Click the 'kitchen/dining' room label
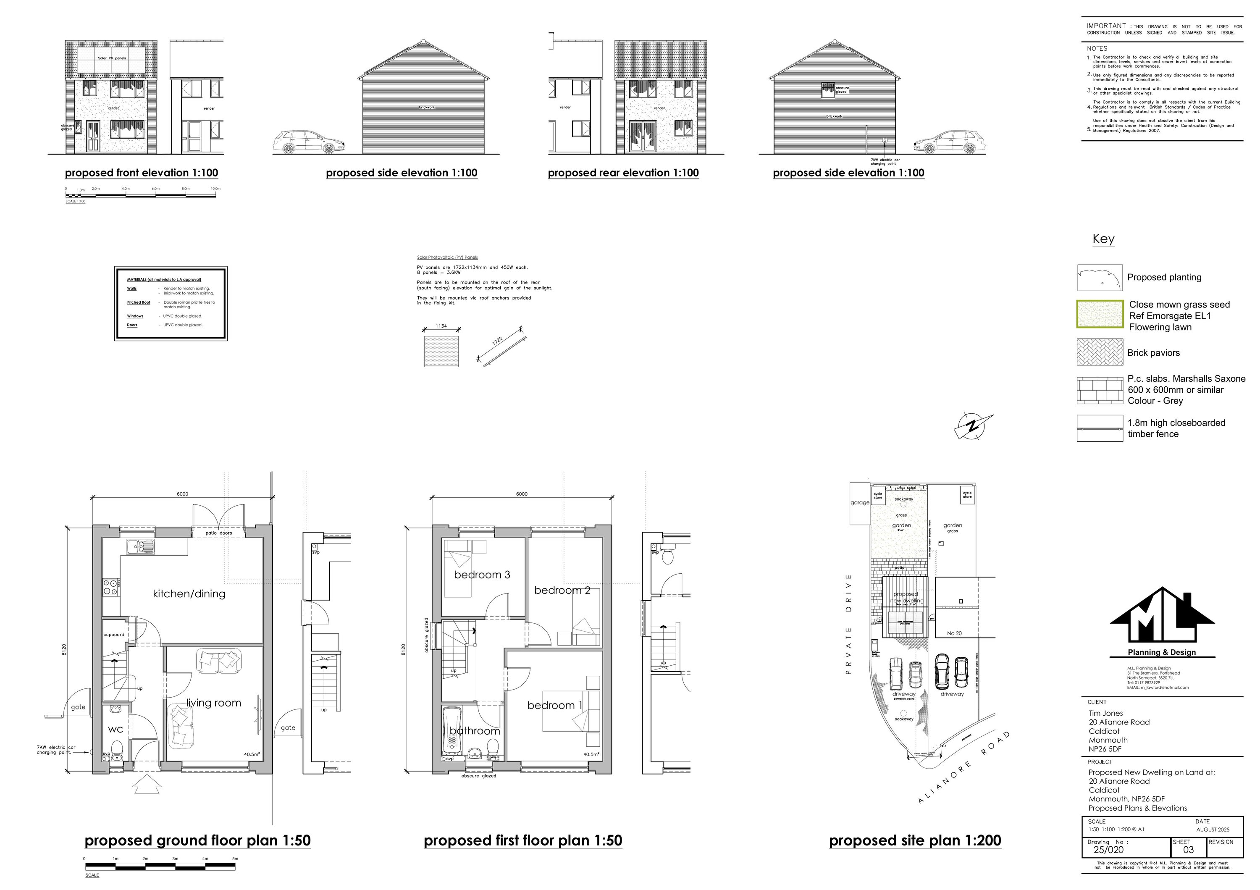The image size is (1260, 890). tap(189, 594)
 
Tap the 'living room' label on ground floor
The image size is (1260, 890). tap(213, 703)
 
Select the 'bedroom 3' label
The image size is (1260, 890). tap(482, 575)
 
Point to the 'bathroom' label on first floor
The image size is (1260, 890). tap(475, 731)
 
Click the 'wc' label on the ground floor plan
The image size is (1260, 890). tap(115, 729)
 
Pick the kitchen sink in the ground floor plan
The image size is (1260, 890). tap(140, 546)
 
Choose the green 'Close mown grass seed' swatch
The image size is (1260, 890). tap(1100, 315)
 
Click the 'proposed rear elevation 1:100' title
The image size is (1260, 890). tap(623, 173)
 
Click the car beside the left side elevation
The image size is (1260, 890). tap(310, 142)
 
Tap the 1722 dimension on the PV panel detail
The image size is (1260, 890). tap(497, 341)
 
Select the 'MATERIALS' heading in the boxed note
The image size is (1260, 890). tap(164, 279)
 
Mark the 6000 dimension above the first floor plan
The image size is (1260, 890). tap(521, 494)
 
